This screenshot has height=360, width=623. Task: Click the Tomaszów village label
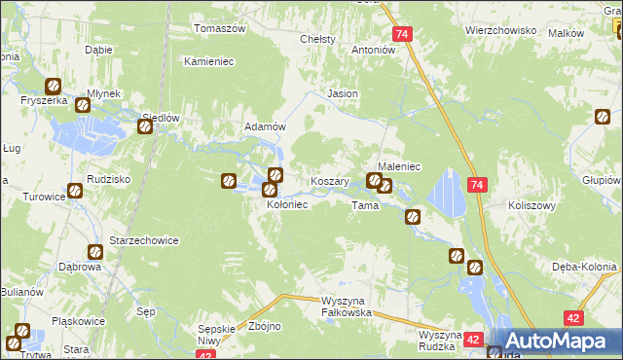point(219,28)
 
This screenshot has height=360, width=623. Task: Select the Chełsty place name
point(318,39)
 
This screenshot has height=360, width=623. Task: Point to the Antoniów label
point(373,49)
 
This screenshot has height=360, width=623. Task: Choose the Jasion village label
point(343,93)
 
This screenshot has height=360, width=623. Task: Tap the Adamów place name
point(264,126)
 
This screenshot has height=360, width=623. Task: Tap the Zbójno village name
point(265,326)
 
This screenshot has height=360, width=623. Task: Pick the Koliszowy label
point(531,205)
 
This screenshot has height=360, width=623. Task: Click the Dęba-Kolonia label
point(579,267)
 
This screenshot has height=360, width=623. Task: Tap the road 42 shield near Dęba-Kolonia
point(573,317)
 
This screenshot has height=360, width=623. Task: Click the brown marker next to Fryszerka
point(53,86)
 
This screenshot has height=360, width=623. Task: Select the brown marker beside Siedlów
point(145,126)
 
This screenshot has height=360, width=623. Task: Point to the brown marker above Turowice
point(74,192)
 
